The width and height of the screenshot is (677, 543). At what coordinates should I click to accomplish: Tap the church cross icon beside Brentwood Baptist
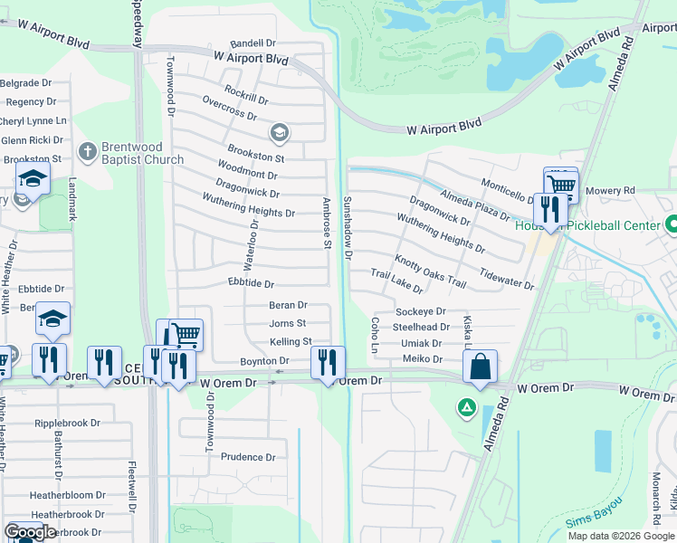[87, 150]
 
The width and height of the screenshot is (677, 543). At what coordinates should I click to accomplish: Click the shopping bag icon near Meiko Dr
[480, 367]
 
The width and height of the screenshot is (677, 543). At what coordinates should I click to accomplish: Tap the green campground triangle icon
[467, 408]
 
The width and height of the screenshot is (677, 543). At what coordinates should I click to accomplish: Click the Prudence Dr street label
[247, 458]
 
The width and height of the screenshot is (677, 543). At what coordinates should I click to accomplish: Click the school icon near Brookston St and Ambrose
[280, 133]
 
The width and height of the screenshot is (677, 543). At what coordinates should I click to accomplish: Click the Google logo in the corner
[30, 532]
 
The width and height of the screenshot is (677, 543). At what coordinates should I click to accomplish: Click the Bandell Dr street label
[253, 43]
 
